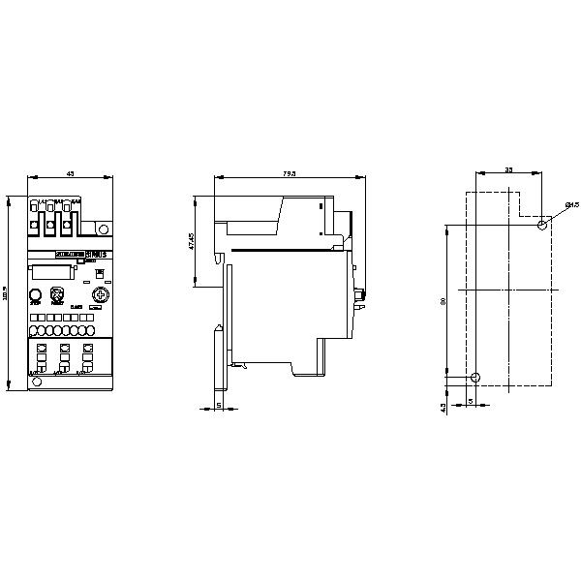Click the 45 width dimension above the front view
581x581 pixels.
pos(70,172)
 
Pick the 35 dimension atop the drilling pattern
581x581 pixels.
pos(509,169)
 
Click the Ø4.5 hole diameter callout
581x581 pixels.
pos(571,205)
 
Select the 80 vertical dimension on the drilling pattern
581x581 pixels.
pos(443,302)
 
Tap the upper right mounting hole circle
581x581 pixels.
pos(542,226)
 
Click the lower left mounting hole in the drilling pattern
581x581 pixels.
pos(474,377)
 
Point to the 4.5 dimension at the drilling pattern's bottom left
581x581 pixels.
pos(443,408)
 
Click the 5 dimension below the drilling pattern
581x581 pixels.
pos(471,399)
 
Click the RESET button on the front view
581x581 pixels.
pos(57,296)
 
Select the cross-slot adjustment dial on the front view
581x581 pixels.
pos(97,296)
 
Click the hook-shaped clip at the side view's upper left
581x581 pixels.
pos(222,260)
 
